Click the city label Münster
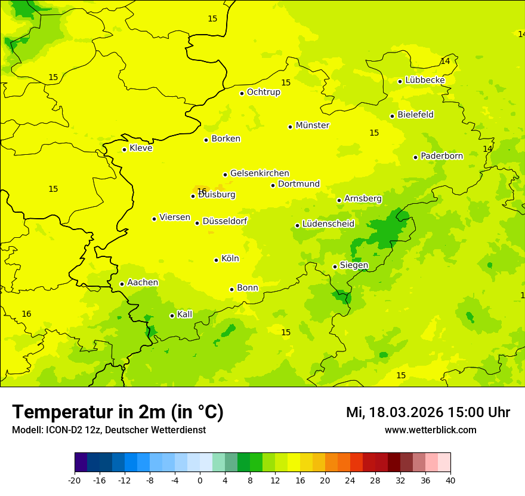click(312, 125)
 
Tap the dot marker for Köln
click(216, 260)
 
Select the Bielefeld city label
click(415, 115)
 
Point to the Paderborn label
click(441, 156)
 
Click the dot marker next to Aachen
click(122, 284)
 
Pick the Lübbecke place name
click(425, 80)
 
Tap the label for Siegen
click(354, 265)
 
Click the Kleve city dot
click(124, 149)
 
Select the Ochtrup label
click(263, 92)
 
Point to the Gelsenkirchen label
click(260, 173)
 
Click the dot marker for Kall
click(172, 316)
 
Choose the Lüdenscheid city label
click(328, 224)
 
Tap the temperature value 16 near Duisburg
click(202, 191)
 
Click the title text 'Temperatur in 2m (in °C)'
click(118, 412)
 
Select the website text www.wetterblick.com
click(430, 430)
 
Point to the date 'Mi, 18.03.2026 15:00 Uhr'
click(428, 412)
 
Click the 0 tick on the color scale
click(200, 480)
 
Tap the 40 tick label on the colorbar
click(450, 480)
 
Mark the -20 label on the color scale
click(75, 480)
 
